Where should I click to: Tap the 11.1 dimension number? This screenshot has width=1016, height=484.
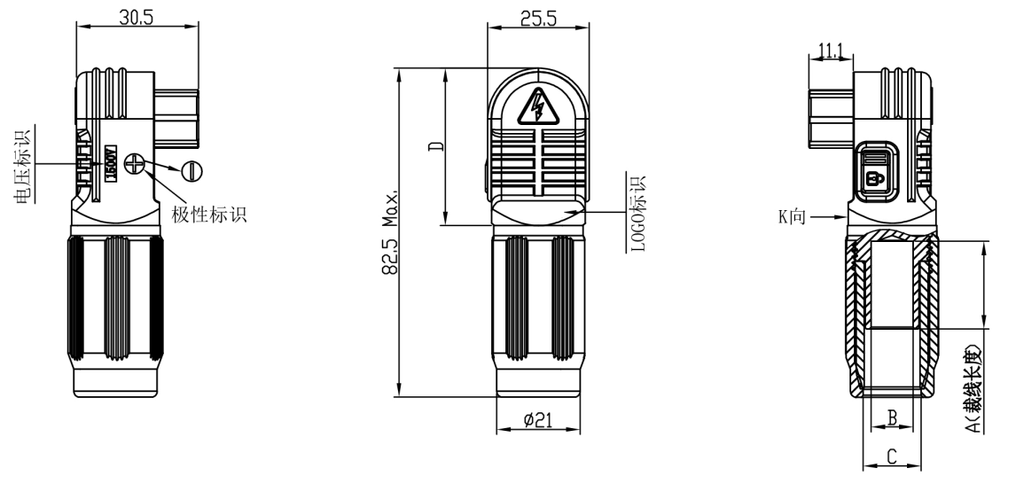[x=831, y=51]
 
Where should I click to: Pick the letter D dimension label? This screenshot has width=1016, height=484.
[x=434, y=146]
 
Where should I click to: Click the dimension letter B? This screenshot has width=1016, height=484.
[x=893, y=417]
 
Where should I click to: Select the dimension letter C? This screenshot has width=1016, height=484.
[x=893, y=457]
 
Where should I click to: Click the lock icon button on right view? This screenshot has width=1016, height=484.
[x=875, y=176]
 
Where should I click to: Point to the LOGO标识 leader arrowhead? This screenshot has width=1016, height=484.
[x=580, y=213]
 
